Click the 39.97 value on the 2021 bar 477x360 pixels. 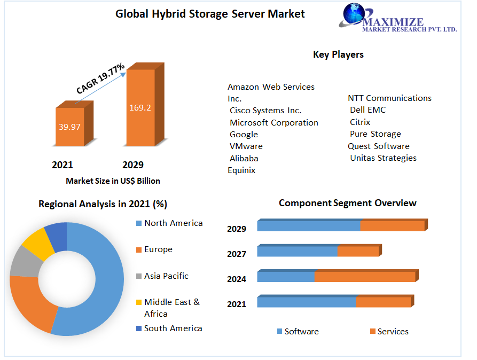69,127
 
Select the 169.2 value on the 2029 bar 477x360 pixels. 140,107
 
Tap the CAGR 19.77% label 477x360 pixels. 100,79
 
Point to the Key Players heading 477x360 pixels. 338,54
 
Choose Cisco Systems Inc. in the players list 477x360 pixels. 265,111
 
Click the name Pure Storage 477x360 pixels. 375,134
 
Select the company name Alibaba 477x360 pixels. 244,158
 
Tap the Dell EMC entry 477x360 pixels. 367,110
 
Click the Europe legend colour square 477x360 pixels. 138,249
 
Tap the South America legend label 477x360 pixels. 173,328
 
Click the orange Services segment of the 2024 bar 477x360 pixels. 365,277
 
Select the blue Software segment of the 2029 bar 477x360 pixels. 308,226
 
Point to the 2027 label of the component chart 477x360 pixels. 237,254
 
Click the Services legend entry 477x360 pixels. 393,332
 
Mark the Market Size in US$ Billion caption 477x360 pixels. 113,181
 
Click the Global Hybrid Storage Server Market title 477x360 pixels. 210,14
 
